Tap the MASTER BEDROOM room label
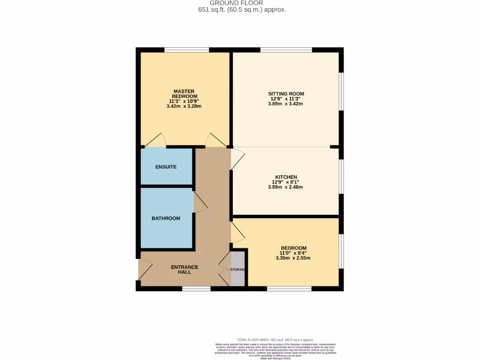(x=184, y=94)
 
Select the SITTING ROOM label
(x=286, y=94)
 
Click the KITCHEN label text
(x=286, y=177)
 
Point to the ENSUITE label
(x=166, y=167)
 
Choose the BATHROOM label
(x=166, y=218)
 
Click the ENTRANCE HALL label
(x=184, y=270)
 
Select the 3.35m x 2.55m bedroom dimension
(x=293, y=258)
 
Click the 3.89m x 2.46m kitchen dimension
(x=286, y=187)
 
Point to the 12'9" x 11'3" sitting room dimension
(x=286, y=99)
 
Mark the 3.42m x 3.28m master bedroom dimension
(x=184, y=106)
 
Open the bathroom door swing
(x=200, y=204)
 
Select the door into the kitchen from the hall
(x=237, y=158)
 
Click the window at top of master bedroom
(x=187, y=50)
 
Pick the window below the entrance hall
(x=196, y=289)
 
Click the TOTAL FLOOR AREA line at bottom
(x=275, y=340)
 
